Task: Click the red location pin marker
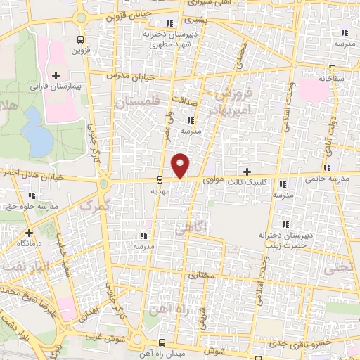(x=181, y=165)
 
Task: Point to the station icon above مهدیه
(x=160, y=179)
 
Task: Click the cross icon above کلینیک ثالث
(x=246, y=172)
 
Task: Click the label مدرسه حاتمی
(x=326, y=179)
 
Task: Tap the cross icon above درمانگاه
(x=29, y=233)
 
